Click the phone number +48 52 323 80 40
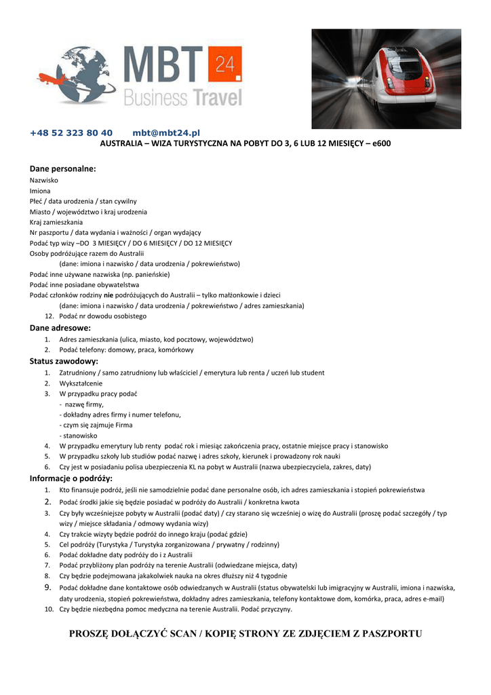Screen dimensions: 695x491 (71, 133)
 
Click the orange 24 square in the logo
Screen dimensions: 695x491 (224, 64)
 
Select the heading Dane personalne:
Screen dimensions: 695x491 (62, 168)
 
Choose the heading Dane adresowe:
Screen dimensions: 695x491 (60, 327)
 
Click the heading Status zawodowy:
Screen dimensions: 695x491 (64, 361)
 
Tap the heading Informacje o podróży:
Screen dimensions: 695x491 (71, 478)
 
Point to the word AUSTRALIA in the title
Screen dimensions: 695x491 (121, 144)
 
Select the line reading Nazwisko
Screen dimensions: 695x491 (44, 181)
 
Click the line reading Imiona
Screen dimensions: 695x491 (40, 191)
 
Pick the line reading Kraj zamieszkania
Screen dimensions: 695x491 (56, 222)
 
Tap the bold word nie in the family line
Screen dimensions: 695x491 (108, 295)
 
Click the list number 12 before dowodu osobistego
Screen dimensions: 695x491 (49, 316)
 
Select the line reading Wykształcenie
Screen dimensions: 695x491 (81, 383)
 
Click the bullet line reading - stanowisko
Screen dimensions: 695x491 (79, 435)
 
